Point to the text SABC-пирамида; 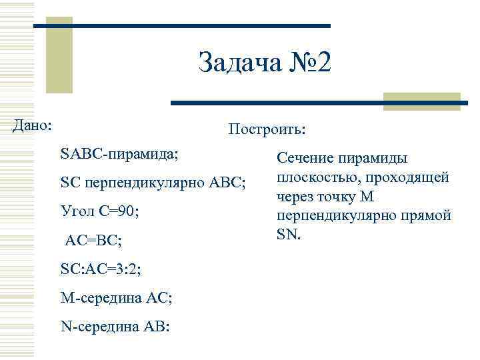point(119,153)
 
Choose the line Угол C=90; point(99,212)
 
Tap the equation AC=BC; point(93,241)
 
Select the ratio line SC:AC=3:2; point(100,269)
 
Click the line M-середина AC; point(116,298)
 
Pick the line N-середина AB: point(115,327)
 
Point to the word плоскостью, point(317,178)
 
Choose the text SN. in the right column point(289,235)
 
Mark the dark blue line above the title point(182,26)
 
